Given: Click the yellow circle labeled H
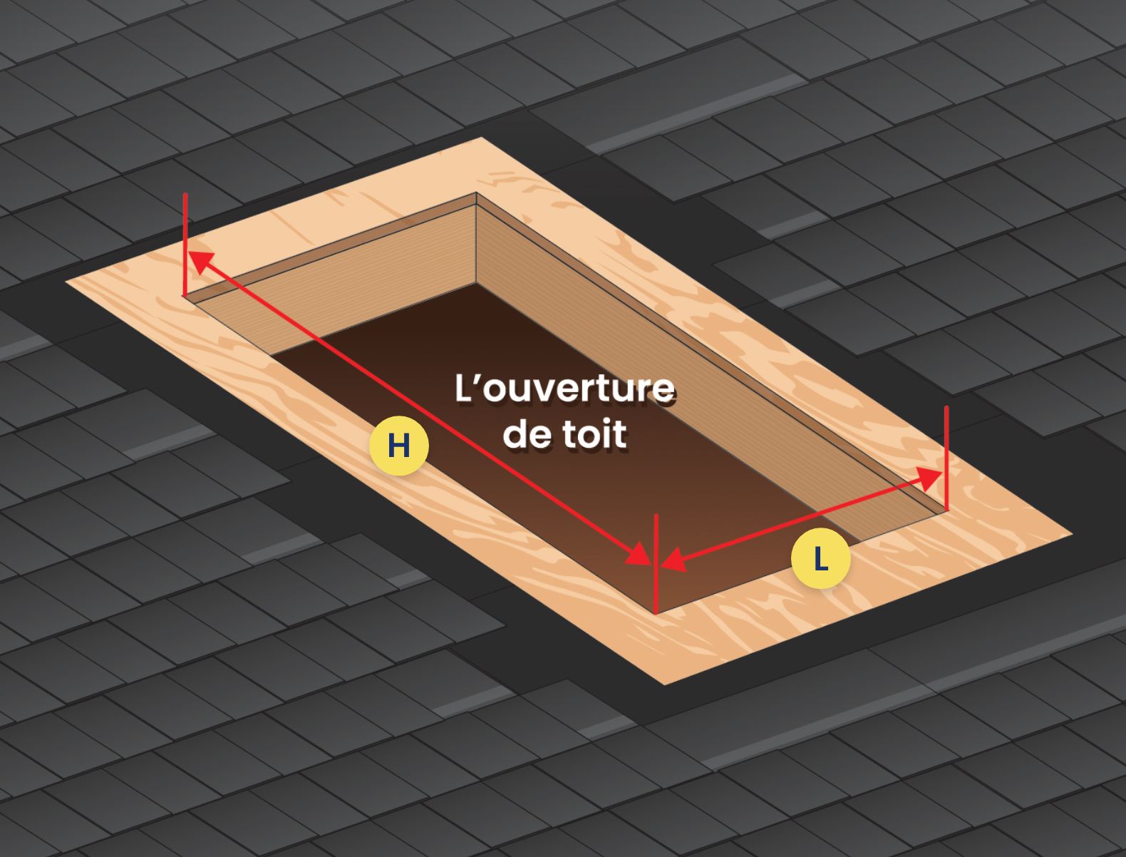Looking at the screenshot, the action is click(398, 445).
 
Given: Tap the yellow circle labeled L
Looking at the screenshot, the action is click(820, 558).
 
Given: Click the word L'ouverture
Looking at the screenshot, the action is click(564, 389).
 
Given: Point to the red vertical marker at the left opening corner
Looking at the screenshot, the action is click(185, 245).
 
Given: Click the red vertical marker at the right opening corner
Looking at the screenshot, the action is click(946, 458).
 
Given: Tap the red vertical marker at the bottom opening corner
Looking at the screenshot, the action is click(656, 563).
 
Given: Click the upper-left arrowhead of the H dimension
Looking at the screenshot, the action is click(201, 262).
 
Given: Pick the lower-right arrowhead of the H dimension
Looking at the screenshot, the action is click(639, 554).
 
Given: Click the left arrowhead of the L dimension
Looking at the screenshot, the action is click(673, 560).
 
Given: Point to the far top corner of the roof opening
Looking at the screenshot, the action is click(476, 193).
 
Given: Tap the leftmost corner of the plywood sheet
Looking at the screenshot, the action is click(66, 281).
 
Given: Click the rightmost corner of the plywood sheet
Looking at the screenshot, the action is click(1072, 534).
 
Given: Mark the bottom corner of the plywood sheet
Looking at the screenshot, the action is click(663, 684).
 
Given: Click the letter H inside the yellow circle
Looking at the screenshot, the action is click(398, 445).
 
